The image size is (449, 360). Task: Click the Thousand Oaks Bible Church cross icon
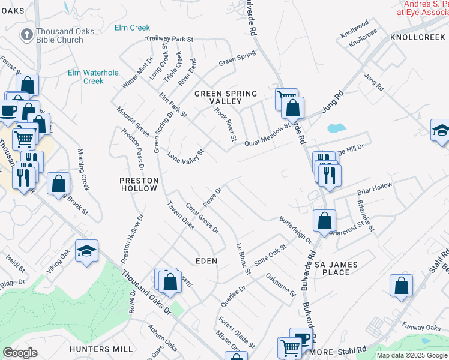click(x=26, y=35)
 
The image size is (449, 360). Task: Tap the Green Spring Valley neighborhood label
click(x=226, y=98)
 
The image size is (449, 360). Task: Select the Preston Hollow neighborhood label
click(x=139, y=184)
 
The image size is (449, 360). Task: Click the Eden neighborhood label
click(x=206, y=261)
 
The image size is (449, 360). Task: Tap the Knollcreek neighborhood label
click(x=418, y=37)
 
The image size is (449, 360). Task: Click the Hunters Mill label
click(x=101, y=349)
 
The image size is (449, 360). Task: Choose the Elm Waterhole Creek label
click(x=93, y=77)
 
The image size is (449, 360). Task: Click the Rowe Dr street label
click(x=213, y=194)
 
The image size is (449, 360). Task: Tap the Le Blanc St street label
click(x=243, y=258)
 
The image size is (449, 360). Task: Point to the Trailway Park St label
click(x=169, y=40)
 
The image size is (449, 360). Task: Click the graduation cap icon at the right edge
click(x=441, y=131)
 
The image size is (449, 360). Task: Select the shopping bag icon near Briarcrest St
click(x=324, y=220)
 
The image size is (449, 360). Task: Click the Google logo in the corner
click(x=20, y=353)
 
